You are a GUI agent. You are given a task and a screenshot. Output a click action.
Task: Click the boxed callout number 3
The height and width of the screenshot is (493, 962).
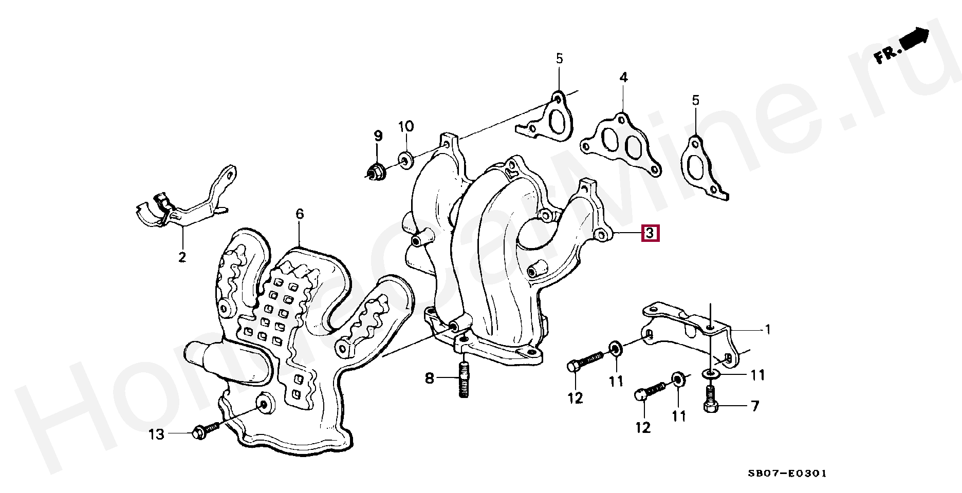pyautogui.click(x=649, y=234)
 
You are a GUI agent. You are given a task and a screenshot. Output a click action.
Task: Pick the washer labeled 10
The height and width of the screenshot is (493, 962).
pyautogui.click(x=405, y=159)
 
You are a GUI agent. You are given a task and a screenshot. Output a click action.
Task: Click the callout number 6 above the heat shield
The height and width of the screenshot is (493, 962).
pyautogui.click(x=300, y=214)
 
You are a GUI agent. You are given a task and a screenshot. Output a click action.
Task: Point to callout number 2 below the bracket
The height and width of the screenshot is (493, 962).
pyautogui.click(x=182, y=257)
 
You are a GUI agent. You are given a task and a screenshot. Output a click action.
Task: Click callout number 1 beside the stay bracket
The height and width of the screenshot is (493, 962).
pyautogui.click(x=768, y=329)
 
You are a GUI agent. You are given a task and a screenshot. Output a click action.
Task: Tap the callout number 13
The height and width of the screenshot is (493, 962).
pyautogui.click(x=156, y=434)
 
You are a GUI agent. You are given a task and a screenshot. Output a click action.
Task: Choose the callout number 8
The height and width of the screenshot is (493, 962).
pyautogui.click(x=430, y=379)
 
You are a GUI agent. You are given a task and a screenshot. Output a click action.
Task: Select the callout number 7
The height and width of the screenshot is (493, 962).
pyautogui.click(x=754, y=407)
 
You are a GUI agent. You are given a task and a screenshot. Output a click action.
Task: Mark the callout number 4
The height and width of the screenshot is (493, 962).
pyautogui.click(x=623, y=78)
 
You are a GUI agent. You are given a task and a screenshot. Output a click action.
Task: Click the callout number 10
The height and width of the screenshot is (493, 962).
pyautogui.click(x=405, y=126)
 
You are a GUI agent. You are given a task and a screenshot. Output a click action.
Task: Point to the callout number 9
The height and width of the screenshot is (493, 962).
pyautogui.click(x=378, y=136)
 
